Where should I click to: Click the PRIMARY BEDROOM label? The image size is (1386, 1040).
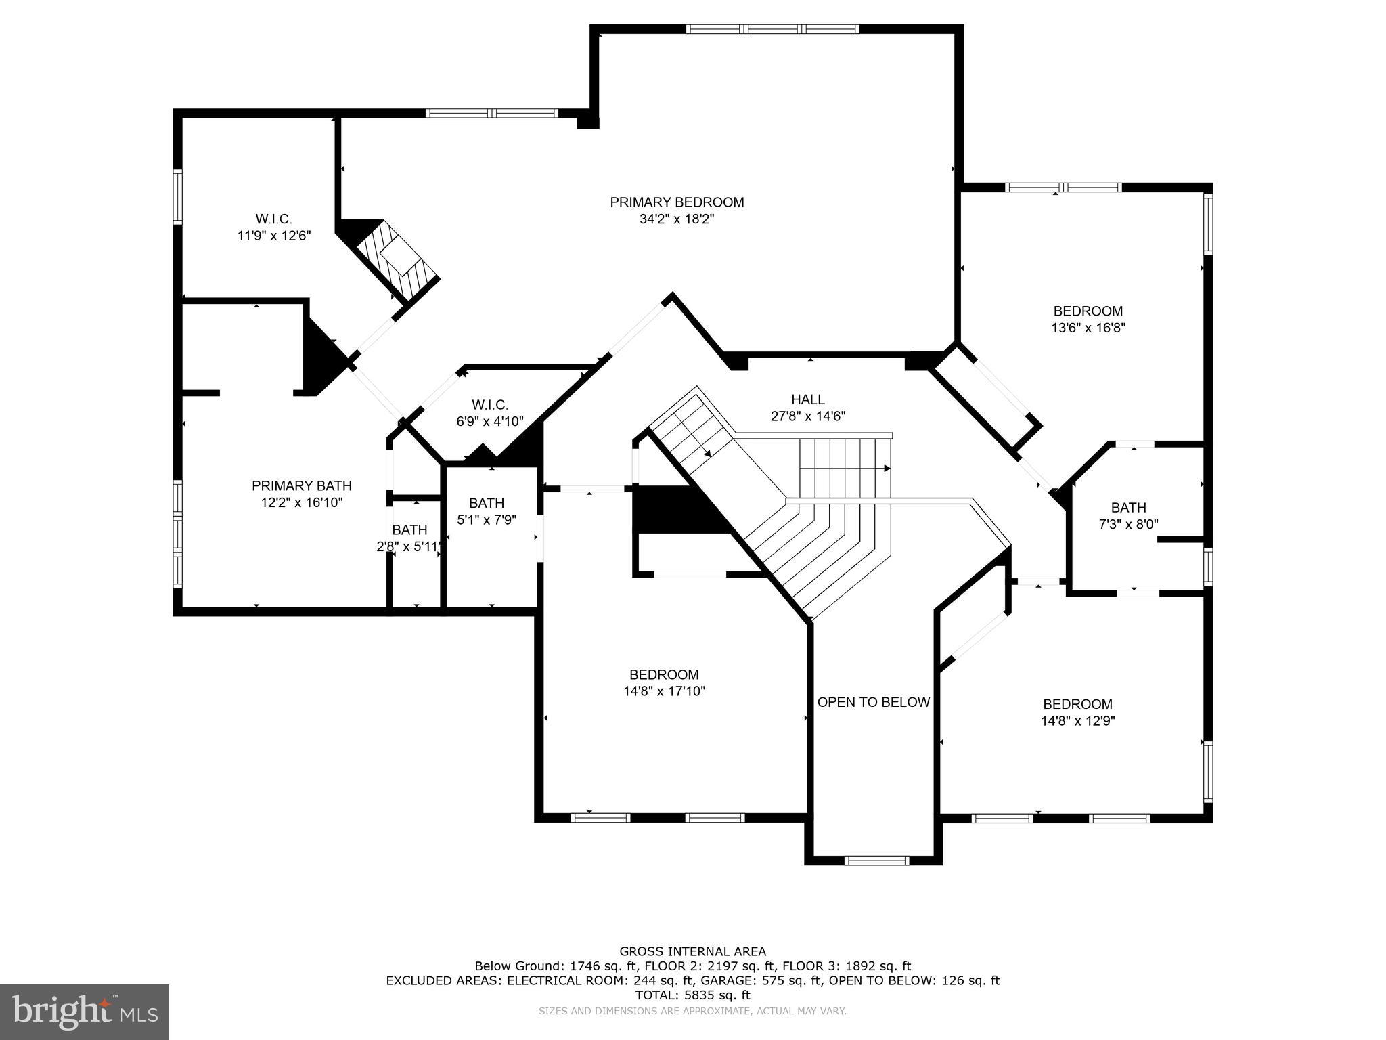(677, 202)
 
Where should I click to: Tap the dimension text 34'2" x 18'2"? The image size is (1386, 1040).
(677, 219)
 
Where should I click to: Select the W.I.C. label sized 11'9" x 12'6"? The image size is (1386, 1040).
(273, 219)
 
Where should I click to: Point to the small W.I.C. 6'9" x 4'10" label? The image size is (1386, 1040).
(490, 405)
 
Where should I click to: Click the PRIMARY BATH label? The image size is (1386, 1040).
(302, 485)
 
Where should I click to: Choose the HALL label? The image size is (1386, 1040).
(808, 399)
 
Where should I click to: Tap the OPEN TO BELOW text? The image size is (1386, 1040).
(873, 702)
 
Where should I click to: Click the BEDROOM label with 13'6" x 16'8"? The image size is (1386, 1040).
(1088, 311)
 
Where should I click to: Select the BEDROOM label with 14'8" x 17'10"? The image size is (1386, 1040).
(664, 674)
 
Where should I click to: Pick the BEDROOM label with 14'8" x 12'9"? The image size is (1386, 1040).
(1077, 704)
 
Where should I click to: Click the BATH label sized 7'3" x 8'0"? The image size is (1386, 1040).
(1128, 507)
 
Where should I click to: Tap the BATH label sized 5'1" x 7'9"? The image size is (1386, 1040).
(487, 502)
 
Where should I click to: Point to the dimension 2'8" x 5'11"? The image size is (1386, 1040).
(409, 546)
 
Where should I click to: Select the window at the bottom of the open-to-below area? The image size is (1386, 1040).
(876, 861)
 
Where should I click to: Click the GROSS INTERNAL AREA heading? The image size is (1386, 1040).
(693, 951)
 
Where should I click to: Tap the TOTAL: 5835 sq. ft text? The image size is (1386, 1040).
(693, 995)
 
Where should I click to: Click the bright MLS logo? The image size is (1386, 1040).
(85, 1012)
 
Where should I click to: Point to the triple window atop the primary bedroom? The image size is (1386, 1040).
(772, 29)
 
